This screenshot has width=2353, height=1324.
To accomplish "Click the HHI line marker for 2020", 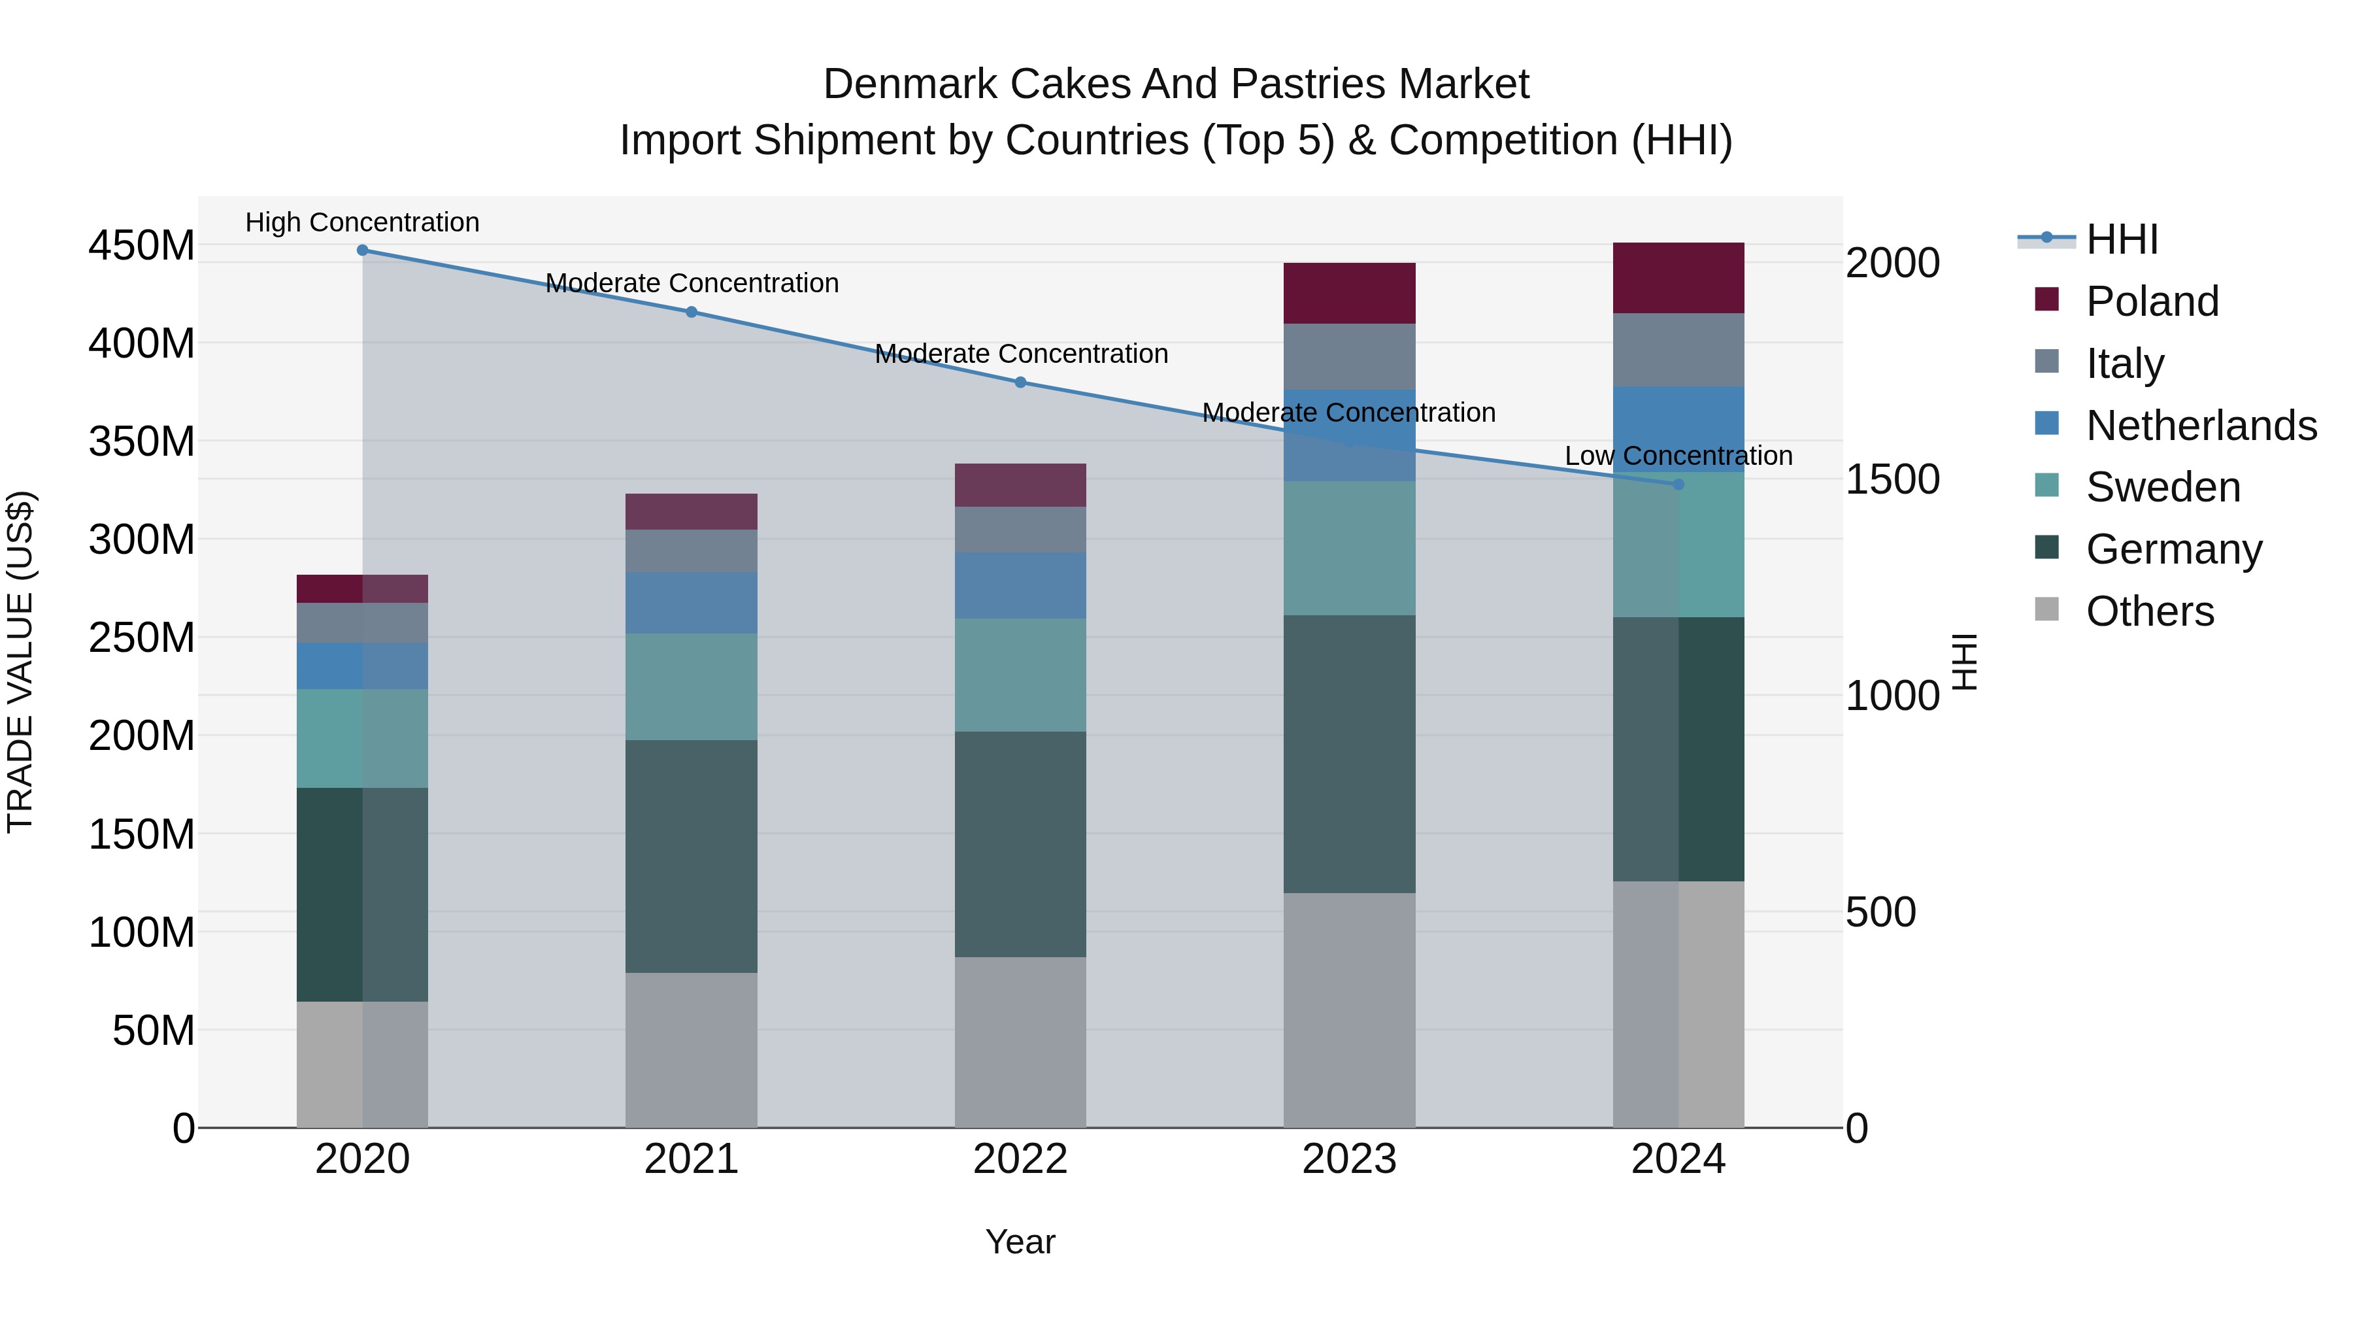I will coord(363,250).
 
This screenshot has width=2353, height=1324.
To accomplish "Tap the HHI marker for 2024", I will coord(1678,485).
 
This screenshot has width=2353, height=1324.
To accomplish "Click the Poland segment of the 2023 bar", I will coord(1349,294).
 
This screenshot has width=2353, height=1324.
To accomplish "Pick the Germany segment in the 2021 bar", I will coord(692,856).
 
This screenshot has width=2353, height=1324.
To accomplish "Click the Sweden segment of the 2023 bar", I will coord(1349,549).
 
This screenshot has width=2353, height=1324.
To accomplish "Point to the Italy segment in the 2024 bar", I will coord(1678,350).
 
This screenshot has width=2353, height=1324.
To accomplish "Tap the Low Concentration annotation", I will coord(1678,456).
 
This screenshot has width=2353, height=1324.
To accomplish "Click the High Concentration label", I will coord(363,223).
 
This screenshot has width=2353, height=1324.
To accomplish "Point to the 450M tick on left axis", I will coord(142,246).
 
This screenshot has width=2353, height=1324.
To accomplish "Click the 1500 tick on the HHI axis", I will coord(1892,480).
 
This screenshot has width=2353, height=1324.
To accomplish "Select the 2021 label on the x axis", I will coord(692,1159).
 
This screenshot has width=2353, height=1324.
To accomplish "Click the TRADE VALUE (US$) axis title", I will coord(20,662).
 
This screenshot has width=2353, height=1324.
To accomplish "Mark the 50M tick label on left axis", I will coord(154,1030).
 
